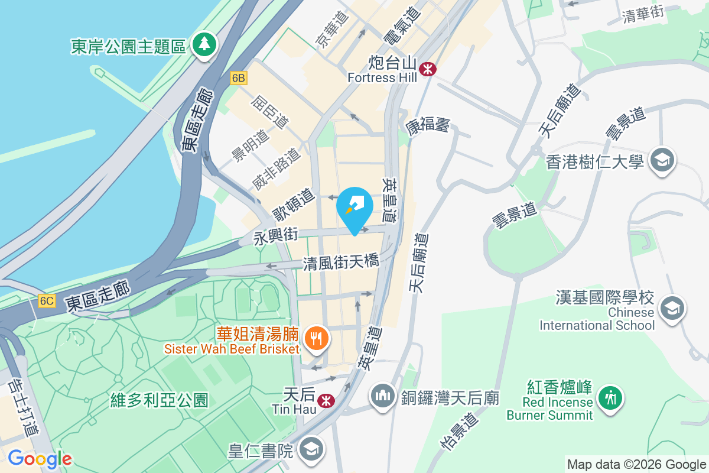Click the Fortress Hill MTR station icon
pyautogui.click(x=427, y=70)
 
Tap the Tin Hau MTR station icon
pyautogui.click(x=324, y=401)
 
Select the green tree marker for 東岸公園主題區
pyautogui.click(x=204, y=44)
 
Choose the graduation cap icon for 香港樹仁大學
pyautogui.click(x=662, y=160)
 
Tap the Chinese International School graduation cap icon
pyautogui.click(x=672, y=308)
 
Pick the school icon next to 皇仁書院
pyautogui.click(x=310, y=450)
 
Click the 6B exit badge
pyautogui.click(x=238, y=78)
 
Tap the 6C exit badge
pyautogui.click(x=47, y=301)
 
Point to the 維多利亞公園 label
pyautogui.click(x=160, y=400)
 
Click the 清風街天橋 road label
pyautogui.click(x=341, y=262)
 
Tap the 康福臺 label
pyautogui.click(x=428, y=125)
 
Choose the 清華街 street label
pyautogui.click(x=643, y=17)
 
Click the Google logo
pyautogui.click(x=40, y=458)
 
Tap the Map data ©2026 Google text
pyautogui.click(x=636, y=464)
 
